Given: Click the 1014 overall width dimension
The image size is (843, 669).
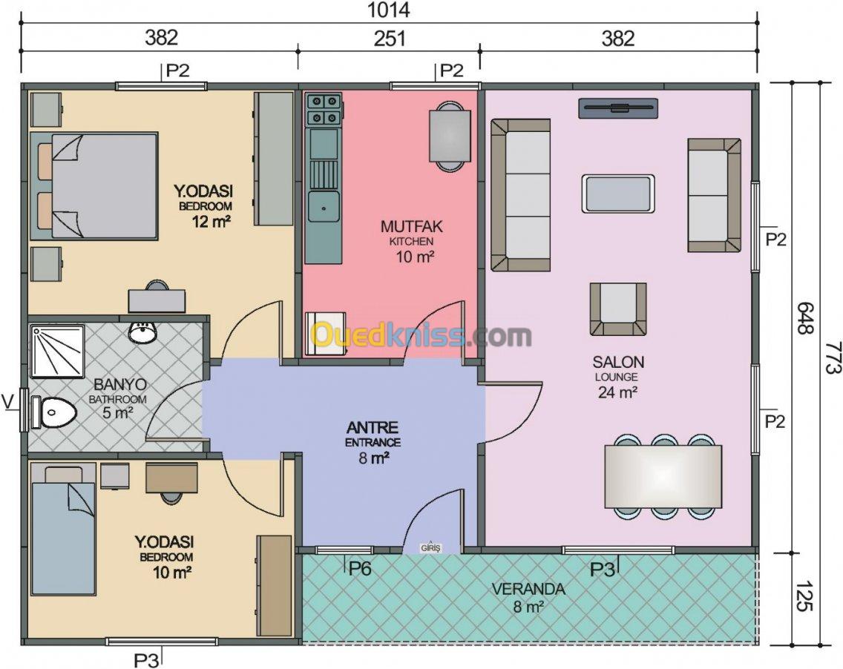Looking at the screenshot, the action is tap(390, 10).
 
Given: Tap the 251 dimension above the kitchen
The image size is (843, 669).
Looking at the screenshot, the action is tap(390, 39).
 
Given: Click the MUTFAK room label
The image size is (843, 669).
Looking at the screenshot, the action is tap(412, 226).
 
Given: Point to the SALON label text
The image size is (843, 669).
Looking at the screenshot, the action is tap(618, 362).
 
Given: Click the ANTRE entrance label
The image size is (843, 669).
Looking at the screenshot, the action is tap(373, 428).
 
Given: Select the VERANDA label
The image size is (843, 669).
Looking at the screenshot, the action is tap(528, 589).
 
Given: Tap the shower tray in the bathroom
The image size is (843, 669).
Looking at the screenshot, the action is tap(57, 350).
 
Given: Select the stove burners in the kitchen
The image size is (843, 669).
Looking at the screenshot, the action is tap(323, 109).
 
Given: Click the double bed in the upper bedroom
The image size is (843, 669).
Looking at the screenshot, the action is tap(94, 186).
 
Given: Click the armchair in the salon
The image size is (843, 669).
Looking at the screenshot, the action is tap(618, 309).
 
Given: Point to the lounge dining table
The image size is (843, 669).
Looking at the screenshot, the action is tap(663, 476).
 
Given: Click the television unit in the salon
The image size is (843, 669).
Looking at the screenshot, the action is tap(618, 108).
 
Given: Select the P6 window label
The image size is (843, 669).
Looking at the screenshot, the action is tap(360, 569).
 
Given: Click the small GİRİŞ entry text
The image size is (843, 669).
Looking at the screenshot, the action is tap(430, 548).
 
